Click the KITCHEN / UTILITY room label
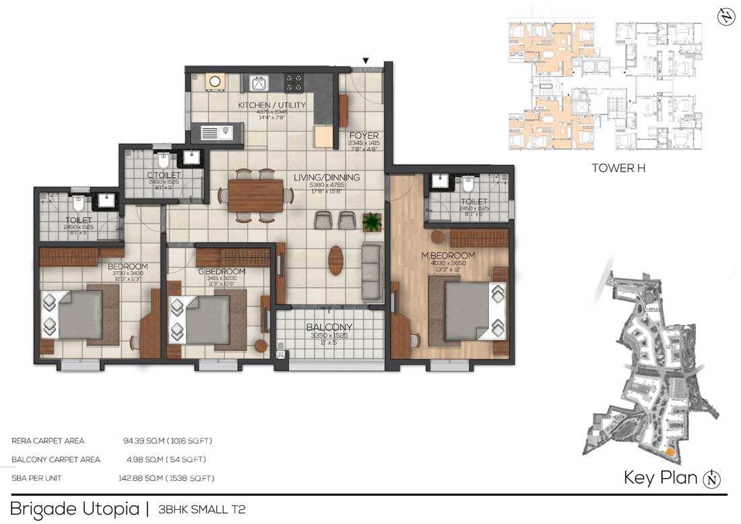point(271,105)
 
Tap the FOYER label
point(364,135)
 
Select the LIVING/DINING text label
point(327,178)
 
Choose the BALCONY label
point(329,327)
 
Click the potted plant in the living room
point(371,220)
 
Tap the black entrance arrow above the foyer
point(365,61)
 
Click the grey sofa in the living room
point(372,272)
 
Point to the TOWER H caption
point(618,168)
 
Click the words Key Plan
point(660,478)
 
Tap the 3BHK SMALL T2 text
point(201,509)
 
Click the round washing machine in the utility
point(215,82)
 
